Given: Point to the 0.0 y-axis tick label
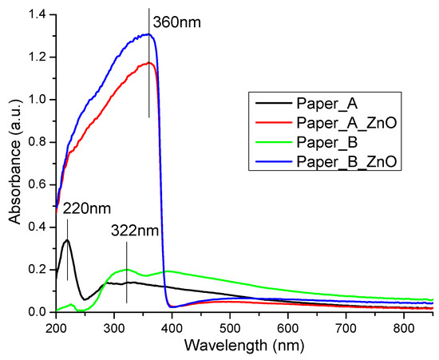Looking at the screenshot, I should coord(38,311).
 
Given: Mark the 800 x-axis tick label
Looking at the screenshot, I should coord(404,327).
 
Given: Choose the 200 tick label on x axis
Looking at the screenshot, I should coord(56,327).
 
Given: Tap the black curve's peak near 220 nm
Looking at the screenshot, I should coord(67,239).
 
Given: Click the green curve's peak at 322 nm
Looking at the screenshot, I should coord(127,269).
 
